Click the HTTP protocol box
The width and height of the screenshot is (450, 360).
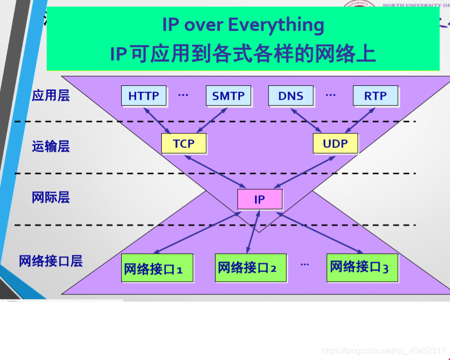point(144,95)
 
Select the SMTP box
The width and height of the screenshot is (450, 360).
point(228,95)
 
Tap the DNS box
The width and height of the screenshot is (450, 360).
point(291,95)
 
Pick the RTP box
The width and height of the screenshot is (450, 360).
point(375,95)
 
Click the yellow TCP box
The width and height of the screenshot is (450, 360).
point(184,143)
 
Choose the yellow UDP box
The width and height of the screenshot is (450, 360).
point(335,143)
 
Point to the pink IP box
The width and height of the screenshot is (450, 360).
point(259,199)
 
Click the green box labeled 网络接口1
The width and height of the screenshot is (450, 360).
point(158,268)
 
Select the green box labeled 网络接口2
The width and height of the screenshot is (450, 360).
point(251,267)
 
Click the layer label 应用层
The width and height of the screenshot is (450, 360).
point(50,95)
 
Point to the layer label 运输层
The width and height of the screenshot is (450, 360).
point(50,146)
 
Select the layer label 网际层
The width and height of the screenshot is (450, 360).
point(50,197)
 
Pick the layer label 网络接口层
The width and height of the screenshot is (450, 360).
point(50,261)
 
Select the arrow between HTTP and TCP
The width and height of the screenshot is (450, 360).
point(158,120)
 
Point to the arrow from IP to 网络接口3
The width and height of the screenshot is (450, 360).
point(320,233)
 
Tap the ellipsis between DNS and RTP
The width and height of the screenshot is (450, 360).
point(331,94)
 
